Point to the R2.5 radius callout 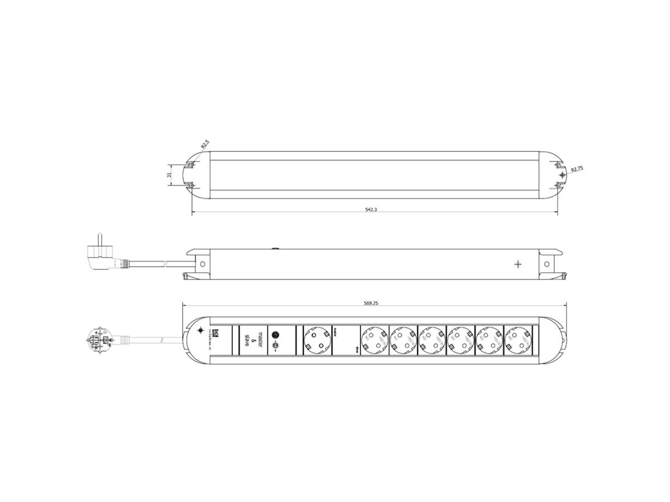[x=205, y=144]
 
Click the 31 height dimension [x=168, y=175]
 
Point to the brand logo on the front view [x=218, y=334]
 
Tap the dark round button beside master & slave [x=275, y=335]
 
